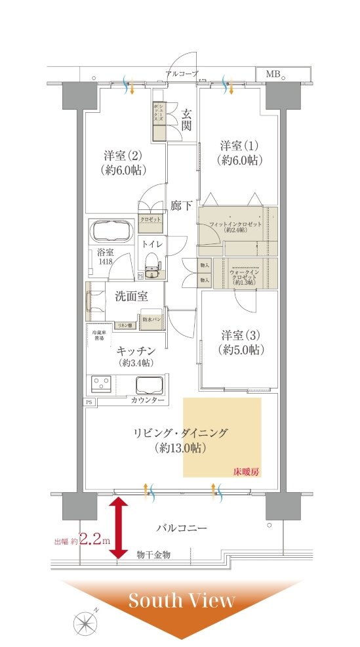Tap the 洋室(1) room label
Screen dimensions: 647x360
coord(239,152)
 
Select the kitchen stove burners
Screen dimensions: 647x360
coord(102,383)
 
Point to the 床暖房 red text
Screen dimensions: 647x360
coord(247,472)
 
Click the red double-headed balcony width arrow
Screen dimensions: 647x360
coord(118,528)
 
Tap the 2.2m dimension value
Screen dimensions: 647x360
coord(94,541)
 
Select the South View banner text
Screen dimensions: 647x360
coord(181,600)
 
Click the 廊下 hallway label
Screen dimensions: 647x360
coord(181,205)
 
